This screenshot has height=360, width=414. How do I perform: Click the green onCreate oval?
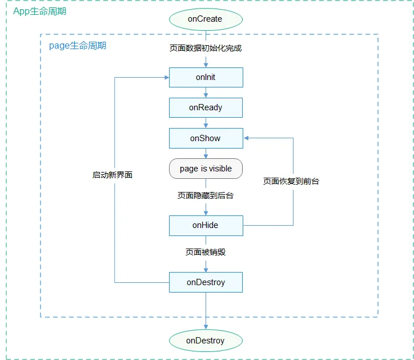click(x=206, y=19)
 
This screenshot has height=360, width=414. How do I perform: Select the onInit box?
click(x=206, y=77)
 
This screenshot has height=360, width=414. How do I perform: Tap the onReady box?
click(x=206, y=108)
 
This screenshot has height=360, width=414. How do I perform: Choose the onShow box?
click(x=206, y=138)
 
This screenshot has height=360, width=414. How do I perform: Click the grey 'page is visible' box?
click(x=206, y=169)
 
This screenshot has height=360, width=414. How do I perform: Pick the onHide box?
click(x=206, y=226)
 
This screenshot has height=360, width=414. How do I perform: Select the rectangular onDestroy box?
click(x=206, y=282)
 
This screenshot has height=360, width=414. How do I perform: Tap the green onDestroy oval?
click(x=206, y=341)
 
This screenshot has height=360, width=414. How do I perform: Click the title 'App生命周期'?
click(x=39, y=11)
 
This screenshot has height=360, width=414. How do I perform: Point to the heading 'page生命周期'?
click(x=78, y=46)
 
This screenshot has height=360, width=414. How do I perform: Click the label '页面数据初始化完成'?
click(x=206, y=49)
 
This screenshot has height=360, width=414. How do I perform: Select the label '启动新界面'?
click(x=112, y=175)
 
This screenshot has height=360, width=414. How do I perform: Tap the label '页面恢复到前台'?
click(x=291, y=181)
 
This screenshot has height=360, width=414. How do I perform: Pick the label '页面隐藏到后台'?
click(x=206, y=195)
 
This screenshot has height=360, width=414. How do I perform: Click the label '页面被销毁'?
click(x=206, y=252)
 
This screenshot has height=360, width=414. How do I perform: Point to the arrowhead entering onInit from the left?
click(x=167, y=77)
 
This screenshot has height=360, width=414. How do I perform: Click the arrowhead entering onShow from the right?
click(x=246, y=138)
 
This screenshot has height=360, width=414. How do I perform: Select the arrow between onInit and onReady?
click(x=206, y=93)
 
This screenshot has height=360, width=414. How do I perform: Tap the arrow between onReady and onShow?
click(x=206, y=123)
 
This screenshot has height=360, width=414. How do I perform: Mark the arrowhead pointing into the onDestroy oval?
click(x=206, y=327)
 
